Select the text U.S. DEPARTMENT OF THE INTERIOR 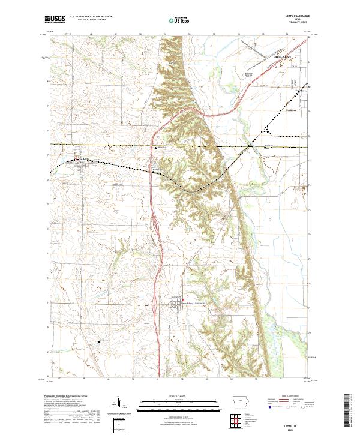tap(92, 16)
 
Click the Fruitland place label tap(292, 110)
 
